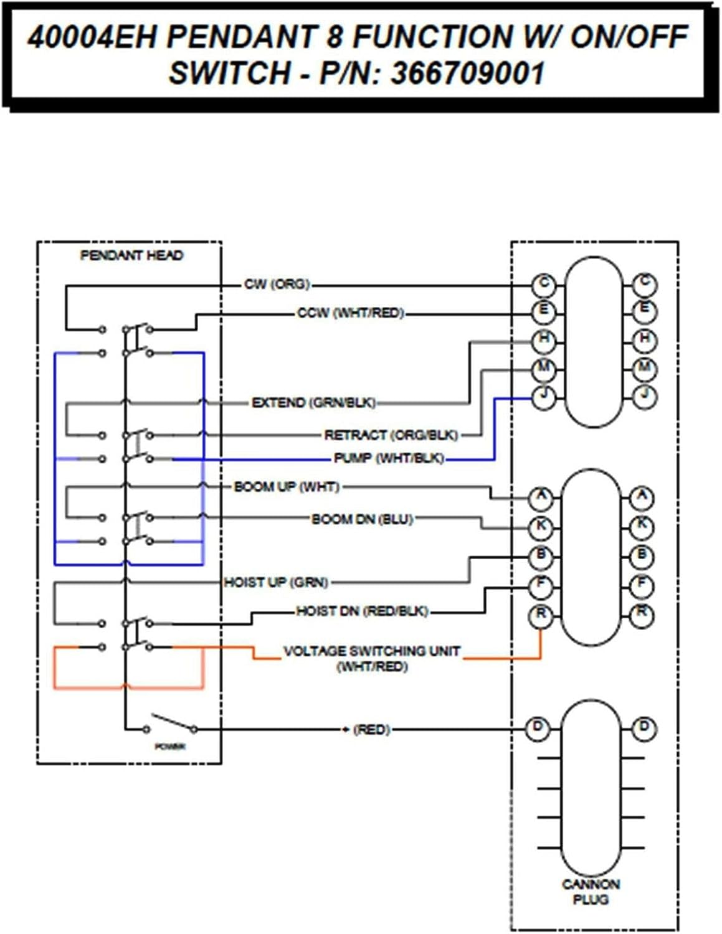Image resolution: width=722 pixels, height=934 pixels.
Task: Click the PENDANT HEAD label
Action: point(131,255)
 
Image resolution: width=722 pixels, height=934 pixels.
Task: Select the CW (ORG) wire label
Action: point(277,285)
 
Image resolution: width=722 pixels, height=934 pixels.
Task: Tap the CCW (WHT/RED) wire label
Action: point(350,313)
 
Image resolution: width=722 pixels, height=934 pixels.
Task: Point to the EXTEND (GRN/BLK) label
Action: point(313,403)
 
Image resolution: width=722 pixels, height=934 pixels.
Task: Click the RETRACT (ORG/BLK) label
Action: point(391,435)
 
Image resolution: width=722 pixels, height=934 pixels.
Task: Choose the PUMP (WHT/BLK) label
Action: point(389,458)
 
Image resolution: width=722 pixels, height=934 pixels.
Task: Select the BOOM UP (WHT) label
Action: point(287,486)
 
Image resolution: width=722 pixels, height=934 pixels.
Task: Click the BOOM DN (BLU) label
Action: point(362,519)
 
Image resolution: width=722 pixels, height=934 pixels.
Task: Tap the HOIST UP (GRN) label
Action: point(276,582)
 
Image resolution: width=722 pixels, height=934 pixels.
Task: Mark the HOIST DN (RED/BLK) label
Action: point(362,611)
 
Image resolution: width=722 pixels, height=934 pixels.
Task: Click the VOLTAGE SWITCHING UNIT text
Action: point(372,651)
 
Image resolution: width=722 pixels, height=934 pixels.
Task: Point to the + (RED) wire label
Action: point(367,729)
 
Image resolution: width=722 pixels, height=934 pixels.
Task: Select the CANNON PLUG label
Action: point(591,892)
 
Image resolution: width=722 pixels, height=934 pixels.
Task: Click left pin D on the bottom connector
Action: point(538,727)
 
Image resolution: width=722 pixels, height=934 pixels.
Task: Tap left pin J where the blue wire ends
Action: point(544,396)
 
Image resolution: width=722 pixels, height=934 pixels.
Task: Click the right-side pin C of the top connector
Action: point(644,284)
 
